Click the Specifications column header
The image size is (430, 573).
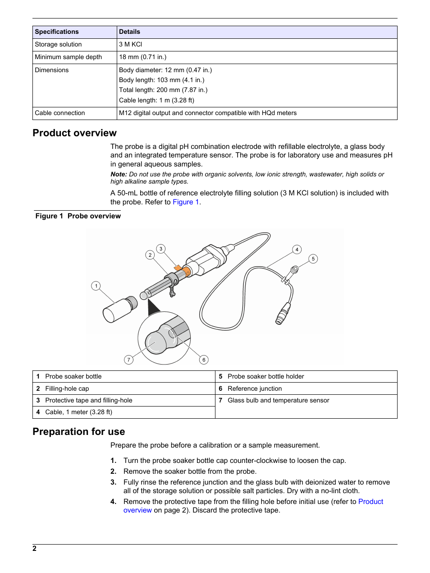(57, 32)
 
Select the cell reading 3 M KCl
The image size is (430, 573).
(131, 45)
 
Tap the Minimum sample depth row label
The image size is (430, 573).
(69, 57)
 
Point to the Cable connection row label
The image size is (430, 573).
(60, 113)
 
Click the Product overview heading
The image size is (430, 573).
(75, 133)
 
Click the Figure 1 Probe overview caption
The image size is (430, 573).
(78, 216)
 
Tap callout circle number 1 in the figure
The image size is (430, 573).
(96, 286)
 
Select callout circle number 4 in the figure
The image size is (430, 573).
(297, 250)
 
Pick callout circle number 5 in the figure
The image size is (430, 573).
(313, 259)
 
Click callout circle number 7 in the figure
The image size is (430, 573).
(129, 360)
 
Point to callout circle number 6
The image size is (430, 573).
(204, 360)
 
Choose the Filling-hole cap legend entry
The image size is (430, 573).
(67, 389)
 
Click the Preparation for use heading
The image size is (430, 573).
(79, 432)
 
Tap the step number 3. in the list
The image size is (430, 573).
(114, 482)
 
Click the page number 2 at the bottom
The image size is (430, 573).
(35, 549)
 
